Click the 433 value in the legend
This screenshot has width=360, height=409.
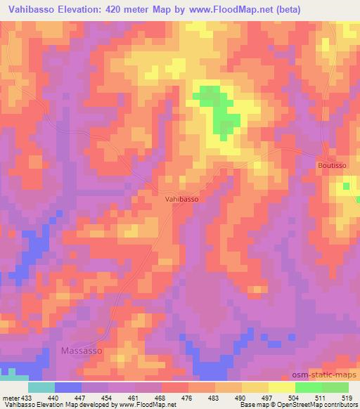click(x=27, y=397)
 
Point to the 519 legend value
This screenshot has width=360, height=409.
click(x=348, y=397)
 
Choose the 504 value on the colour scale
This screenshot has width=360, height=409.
click(x=295, y=397)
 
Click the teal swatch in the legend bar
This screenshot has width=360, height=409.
click(x=41, y=387)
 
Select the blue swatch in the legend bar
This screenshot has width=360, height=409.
click(x=67, y=387)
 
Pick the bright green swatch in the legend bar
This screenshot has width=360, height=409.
click(x=308, y=387)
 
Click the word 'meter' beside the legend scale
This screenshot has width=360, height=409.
click(x=11, y=397)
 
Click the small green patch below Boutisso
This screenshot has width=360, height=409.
click(x=346, y=186)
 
